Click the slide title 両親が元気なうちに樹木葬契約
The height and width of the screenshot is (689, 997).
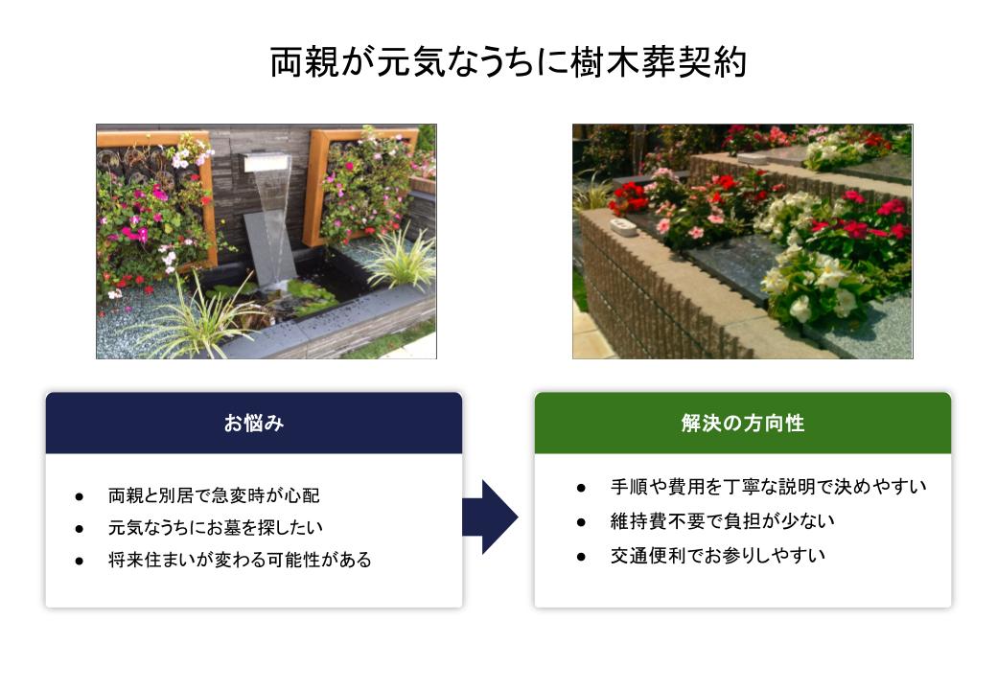(508, 62)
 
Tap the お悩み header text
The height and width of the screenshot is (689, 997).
(254, 423)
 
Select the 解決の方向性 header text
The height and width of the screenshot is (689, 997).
(743, 423)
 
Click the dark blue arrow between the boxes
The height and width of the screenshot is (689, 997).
(490, 517)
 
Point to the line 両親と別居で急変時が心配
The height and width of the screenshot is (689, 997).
(214, 495)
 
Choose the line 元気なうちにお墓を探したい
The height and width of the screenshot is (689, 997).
(216, 527)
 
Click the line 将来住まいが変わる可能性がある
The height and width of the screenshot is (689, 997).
(240, 560)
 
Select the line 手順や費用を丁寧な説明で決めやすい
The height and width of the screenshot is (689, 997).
(768, 487)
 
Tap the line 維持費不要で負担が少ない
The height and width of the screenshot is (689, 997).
(722, 521)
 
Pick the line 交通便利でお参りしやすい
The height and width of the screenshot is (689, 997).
(718, 556)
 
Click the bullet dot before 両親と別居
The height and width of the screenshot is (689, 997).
(79, 496)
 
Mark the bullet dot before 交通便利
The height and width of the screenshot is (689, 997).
(581, 557)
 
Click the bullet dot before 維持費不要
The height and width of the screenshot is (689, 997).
(581, 522)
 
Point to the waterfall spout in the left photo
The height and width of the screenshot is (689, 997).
(267, 163)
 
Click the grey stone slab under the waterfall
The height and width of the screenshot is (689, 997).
(269, 248)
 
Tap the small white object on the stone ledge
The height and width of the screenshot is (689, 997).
(623, 227)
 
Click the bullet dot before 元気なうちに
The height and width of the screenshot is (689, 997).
(79, 529)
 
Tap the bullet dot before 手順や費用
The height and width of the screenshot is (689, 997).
(581, 488)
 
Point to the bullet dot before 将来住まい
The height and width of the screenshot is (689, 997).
(79, 562)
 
